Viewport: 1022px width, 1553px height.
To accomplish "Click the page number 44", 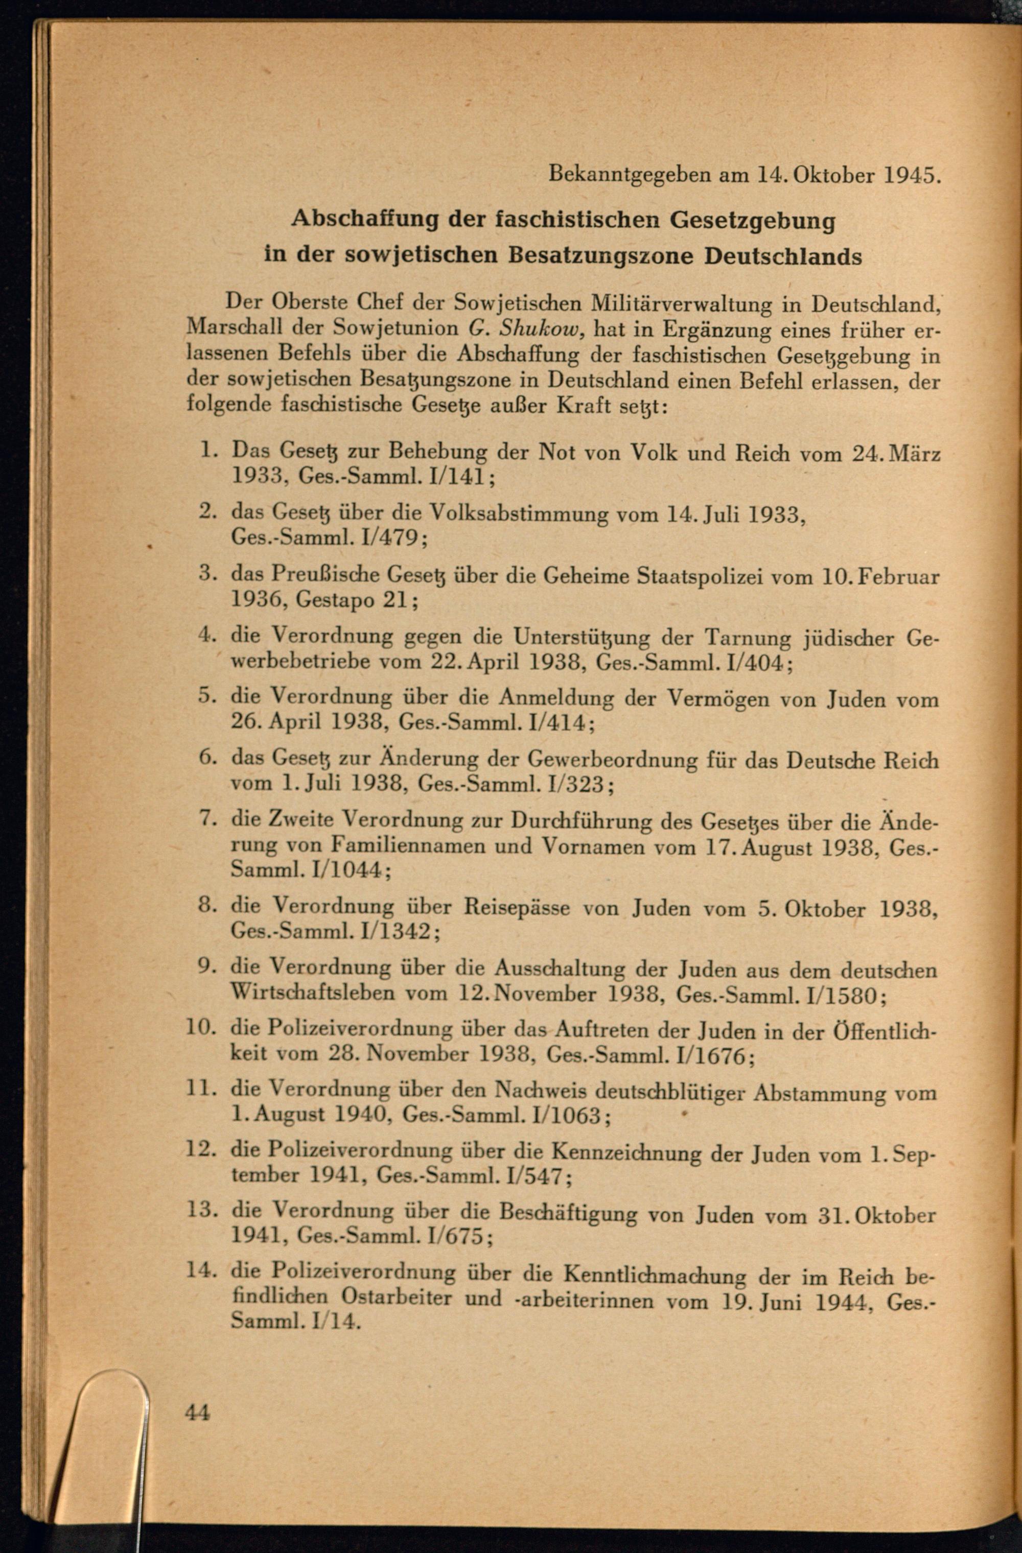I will [x=197, y=1413].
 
